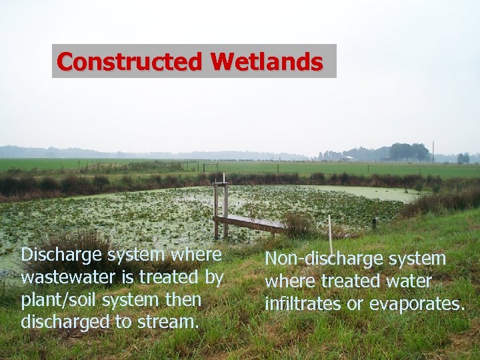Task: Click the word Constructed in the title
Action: [131, 62]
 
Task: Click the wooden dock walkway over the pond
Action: [249, 223]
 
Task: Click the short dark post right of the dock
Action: [374, 223]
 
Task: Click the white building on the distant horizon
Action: [347, 159]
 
